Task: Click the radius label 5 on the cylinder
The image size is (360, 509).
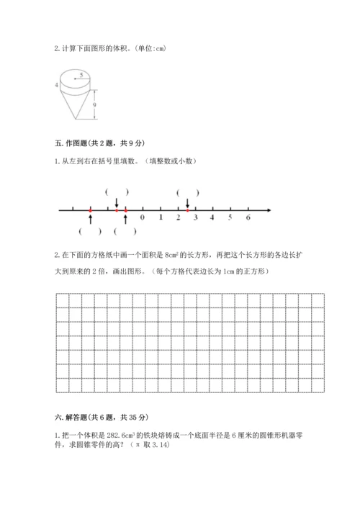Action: (x=82, y=74)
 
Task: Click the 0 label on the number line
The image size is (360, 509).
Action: (x=143, y=217)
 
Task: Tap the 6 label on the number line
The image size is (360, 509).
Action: (x=248, y=217)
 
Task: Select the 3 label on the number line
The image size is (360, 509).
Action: (x=195, y=217)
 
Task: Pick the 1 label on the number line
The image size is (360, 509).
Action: (x=160, y=217)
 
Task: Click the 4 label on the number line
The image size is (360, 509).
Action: (x=212, y=217)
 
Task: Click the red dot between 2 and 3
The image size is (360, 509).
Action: (x=186, y=210)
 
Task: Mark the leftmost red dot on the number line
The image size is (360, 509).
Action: (x=90, y=210)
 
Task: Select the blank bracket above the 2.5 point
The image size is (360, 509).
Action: (x=187, y=192)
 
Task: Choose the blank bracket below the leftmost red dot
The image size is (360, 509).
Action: (x=90, y=231)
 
